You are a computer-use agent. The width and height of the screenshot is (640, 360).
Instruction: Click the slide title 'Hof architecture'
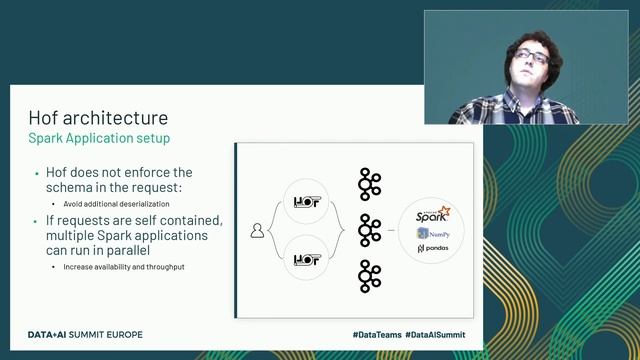click(98, 118)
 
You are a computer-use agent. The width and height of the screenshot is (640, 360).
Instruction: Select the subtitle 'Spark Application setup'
click(99, 137)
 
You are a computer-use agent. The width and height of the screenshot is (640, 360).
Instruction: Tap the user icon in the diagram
click(257, 231)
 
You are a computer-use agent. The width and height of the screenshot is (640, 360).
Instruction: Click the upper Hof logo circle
click(306, 202)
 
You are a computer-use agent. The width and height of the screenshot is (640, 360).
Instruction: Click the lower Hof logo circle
click(306, 260)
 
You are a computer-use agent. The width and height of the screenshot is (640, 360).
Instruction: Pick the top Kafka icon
click(370, 183)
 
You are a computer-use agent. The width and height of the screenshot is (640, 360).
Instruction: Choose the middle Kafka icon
click(370, 230)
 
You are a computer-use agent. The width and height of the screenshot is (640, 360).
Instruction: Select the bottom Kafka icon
click(370, 276)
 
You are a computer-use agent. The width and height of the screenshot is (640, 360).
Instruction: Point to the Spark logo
click(433, 214)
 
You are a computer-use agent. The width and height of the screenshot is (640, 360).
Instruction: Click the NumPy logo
click(433, 233)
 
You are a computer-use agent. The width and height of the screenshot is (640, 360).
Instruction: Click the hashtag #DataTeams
click(377, 333)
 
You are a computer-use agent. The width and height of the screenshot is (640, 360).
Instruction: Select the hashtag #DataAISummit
click(442, 333)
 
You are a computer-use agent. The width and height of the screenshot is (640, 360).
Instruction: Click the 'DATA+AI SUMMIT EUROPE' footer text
click(85, 333)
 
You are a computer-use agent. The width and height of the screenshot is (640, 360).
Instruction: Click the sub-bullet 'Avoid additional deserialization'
click(120, 205)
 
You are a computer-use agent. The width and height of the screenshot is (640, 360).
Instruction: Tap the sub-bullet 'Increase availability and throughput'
click(125, 267)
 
